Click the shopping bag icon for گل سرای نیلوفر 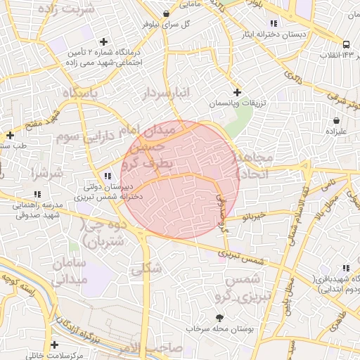coord(165,13)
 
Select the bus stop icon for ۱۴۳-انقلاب coord(346,45)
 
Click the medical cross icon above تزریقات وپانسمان coord(236,92)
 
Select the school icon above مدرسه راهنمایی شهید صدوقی coord(37,194)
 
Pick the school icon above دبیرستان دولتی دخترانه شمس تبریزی coord(107,176)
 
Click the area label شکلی coord(146,268)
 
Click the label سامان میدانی coord(68,270)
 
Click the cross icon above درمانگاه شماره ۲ coord(105,41)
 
